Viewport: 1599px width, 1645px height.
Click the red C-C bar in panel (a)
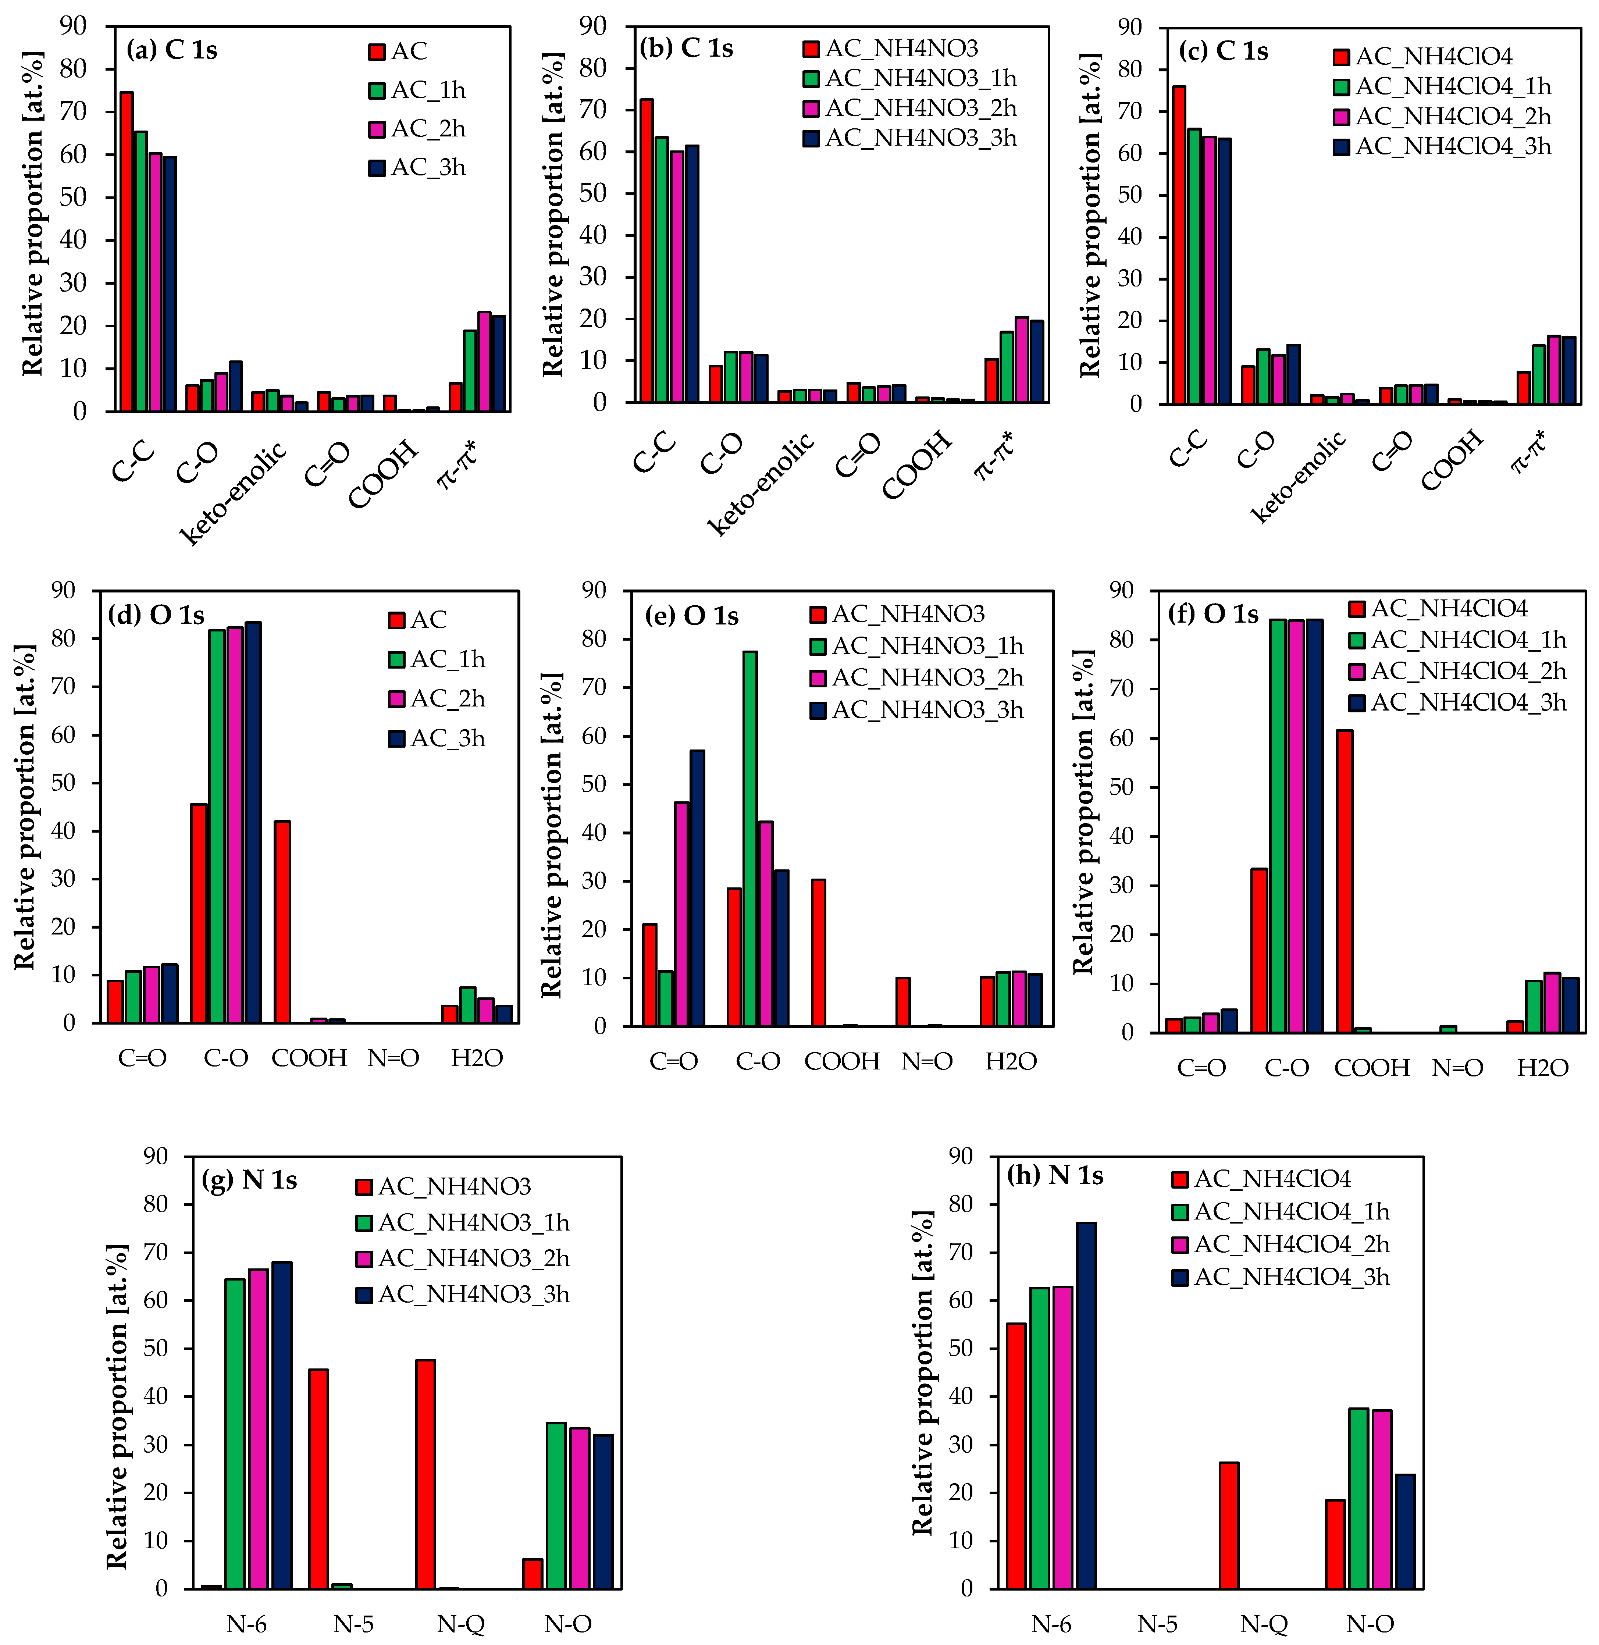[126, 252]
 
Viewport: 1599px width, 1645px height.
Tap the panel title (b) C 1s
[685, 49]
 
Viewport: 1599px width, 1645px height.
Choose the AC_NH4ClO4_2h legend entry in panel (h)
[1281, 1245]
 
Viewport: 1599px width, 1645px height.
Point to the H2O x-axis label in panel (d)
[476, 1058]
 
